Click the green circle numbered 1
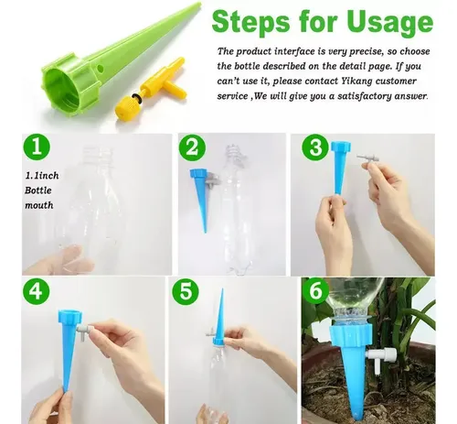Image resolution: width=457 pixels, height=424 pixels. (37, 147)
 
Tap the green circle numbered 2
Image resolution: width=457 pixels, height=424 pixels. (192, 147)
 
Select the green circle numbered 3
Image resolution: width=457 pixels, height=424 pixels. (315, 147)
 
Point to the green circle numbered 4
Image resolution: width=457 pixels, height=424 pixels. (37, 291)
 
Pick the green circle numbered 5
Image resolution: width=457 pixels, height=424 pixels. (186, 291)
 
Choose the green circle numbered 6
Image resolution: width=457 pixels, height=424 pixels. (315, 290)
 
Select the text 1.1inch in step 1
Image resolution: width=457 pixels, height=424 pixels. (42, 176)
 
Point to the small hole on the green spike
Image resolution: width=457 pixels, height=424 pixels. (100, 69)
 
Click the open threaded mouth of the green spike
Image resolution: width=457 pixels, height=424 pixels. (61, 86)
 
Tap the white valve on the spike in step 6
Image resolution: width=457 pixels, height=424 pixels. (381, 356)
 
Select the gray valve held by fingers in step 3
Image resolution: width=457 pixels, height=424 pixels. (368, 159)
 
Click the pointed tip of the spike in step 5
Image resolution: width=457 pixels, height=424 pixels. (222, 289)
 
